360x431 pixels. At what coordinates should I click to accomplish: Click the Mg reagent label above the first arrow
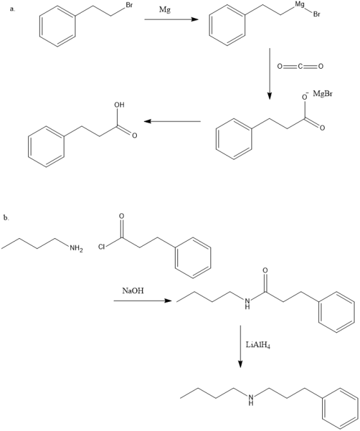(165, 10)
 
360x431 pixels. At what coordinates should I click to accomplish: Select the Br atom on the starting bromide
(129, 6)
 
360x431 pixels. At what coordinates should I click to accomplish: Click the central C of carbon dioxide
(300, 66)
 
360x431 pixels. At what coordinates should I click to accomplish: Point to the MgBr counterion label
(323, 94)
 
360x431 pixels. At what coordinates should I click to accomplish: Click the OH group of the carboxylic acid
(120, 105)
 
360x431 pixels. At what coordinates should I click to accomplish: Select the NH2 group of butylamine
(76, 249)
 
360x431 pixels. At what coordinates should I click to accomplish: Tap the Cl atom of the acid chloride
(102, 247)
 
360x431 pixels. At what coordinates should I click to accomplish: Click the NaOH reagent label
(133, 291)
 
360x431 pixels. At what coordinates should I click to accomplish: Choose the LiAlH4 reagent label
(258, 345)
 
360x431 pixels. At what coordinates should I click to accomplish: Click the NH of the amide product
(248, 303)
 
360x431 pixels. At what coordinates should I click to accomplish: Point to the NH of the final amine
(251, 399)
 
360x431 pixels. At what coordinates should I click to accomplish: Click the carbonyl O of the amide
(265, 270)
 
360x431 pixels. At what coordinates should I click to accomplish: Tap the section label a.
(13, 10)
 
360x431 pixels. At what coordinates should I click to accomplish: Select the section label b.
(6, 218)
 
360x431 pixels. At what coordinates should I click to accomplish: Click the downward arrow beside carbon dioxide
(269, 74)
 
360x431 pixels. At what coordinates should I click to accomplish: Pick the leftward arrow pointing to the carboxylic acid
(172, 121)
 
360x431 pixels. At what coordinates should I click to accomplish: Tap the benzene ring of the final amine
(341, 408)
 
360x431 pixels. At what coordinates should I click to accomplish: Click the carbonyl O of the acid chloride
(122, 216)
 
